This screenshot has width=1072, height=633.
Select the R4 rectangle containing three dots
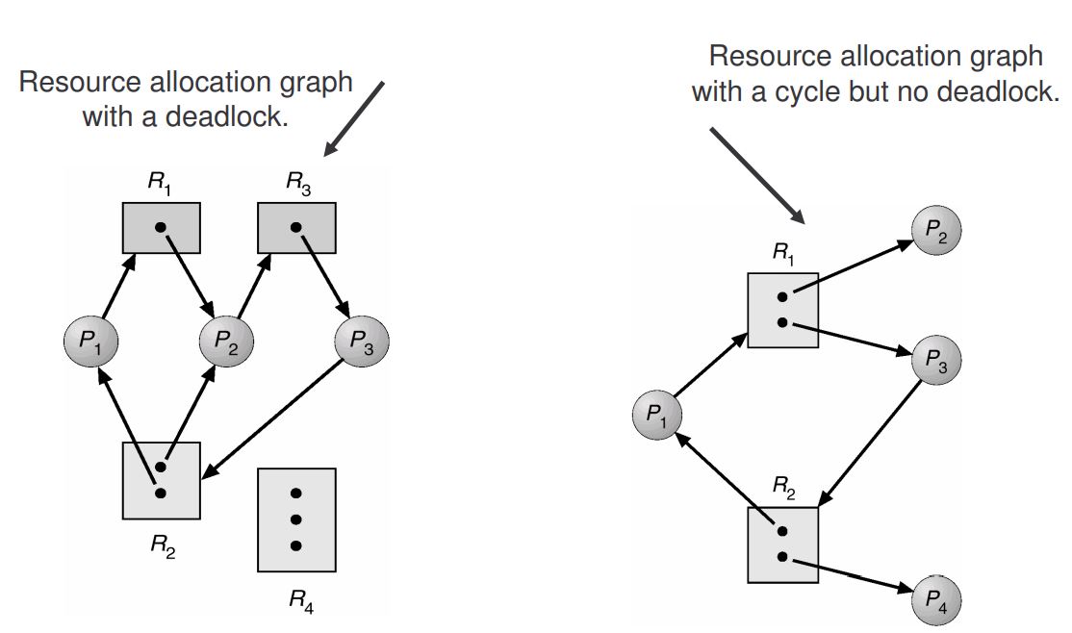(296, 519)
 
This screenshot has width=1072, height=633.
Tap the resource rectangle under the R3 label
(296, 228)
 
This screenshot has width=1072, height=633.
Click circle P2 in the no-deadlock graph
(935, 233)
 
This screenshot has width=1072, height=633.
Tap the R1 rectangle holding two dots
(782, 310)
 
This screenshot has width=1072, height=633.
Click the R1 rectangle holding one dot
(161, 228)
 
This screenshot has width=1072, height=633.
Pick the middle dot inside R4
(296, 519)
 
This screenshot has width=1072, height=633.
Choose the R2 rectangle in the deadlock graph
(161, 480)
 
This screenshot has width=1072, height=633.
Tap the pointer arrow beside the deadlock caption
(356, 117)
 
